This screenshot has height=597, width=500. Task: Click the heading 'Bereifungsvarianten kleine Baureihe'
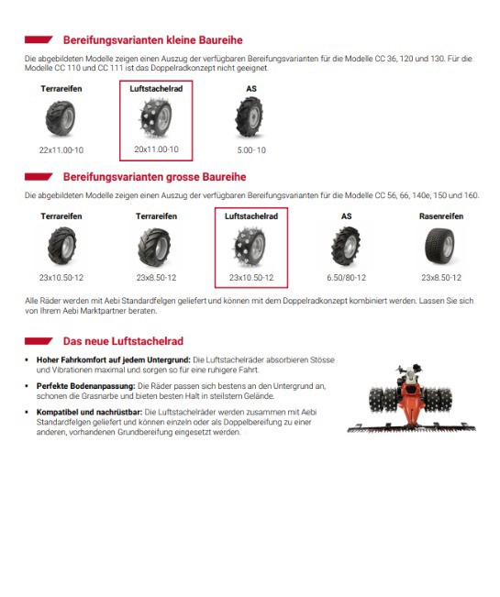(x=152, y=40)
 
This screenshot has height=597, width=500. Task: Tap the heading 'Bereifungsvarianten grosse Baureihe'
(x=155, y=177)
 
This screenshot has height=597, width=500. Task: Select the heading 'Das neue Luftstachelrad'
(x=123, y=341)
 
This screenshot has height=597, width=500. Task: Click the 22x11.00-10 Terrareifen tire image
(x=61, y=118)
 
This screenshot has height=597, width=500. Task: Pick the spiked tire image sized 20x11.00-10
(x=155, y=117)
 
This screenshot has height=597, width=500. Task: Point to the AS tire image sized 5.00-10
(x=250, y=116)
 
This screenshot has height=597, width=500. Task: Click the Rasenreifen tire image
(x=439, y=247)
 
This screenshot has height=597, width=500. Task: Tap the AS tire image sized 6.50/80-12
(x=345, y=247)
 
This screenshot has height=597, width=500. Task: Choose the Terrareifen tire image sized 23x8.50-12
(x=154, y=247)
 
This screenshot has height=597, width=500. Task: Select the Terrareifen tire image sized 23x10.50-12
(x=61, y=246)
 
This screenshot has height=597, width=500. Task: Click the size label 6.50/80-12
(x=346, y=278)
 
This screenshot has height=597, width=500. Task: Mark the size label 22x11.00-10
(x=61, y=150)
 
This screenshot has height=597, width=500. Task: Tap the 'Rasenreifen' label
(x=441, y=216)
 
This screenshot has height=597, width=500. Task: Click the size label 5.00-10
(x=251, y=150)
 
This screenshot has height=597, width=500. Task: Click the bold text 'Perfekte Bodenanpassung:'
(x=85, y=386)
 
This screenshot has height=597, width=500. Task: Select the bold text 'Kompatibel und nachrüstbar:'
(x=90, y=412)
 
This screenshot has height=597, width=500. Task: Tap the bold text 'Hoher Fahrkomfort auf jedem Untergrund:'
(x=114, y=359)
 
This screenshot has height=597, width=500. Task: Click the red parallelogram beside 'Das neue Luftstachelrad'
(x=39, y=341)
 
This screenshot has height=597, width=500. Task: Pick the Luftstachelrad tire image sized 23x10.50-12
(x=250, y=247)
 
